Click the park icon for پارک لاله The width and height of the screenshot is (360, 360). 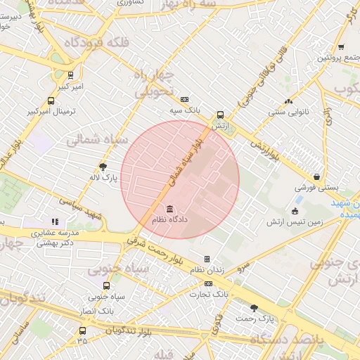pos(104,167)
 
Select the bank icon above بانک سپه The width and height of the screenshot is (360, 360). pos(184,100)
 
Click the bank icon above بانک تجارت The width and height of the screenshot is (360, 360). pos(208,283)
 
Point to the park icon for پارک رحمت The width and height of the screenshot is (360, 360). pos(254,307)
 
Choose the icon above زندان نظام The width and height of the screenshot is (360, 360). pos(207,259)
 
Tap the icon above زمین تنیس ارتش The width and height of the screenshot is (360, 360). pos(295,210)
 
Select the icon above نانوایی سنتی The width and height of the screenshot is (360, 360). pos(288,101)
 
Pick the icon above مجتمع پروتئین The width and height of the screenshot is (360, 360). pos(341,47)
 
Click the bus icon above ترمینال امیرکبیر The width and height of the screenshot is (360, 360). pos(50,101)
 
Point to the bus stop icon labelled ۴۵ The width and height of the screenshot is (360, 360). pos(83,331)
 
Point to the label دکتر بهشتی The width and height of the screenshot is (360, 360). pos(53,242)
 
